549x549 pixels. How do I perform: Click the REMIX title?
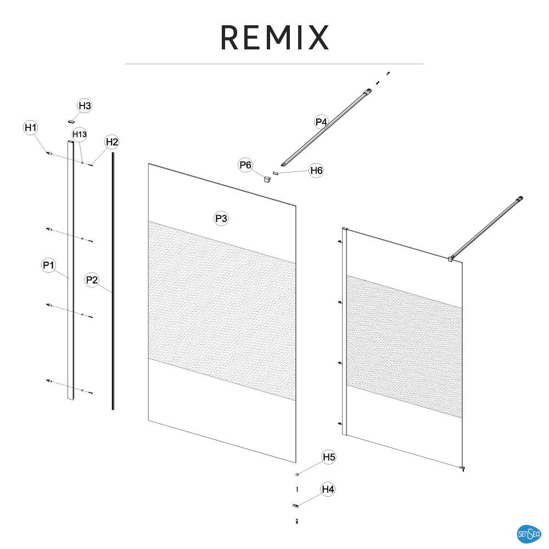275,37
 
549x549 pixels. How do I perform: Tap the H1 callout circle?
31,127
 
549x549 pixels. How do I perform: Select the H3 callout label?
85,106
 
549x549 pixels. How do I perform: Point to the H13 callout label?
80,135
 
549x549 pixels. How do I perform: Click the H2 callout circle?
112,142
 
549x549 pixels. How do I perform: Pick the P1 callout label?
49,265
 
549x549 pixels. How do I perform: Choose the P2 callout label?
92,280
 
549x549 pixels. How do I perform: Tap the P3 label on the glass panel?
221,219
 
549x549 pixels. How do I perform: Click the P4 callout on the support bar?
321,122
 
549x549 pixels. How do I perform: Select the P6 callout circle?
245,165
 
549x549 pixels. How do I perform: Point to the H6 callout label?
317,171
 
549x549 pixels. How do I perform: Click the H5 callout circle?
329,457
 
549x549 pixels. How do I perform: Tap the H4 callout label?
328,489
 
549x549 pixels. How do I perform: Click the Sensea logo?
529,534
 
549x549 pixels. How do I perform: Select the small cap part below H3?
71,121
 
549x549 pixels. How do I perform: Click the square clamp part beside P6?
267,180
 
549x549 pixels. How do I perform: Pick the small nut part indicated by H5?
297,474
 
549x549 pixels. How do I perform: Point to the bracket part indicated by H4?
296,506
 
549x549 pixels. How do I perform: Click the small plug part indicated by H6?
275,172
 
